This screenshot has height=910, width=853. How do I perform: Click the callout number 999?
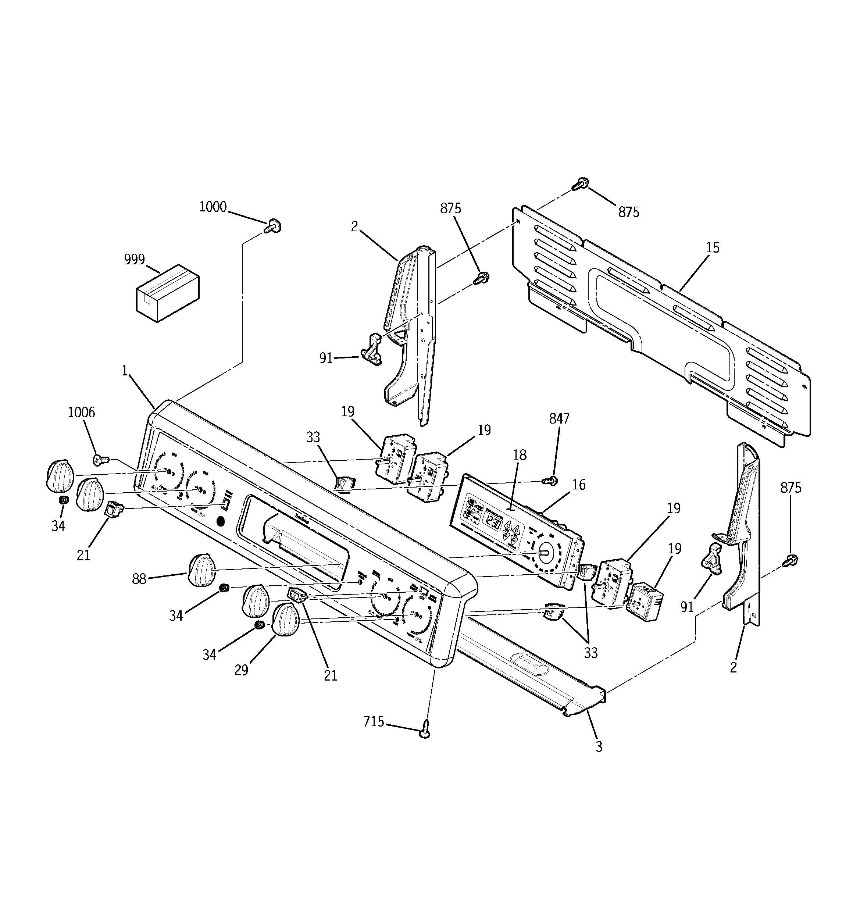(x=134, y=260)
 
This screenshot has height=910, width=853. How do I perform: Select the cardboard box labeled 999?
(x=168, y=293)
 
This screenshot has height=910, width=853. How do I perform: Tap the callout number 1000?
(x=213, y=207)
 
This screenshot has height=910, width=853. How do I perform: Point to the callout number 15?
(x=713, y=248)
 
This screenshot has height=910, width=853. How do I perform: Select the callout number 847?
(x=559, y=418)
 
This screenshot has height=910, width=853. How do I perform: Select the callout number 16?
(x=579, y=484)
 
